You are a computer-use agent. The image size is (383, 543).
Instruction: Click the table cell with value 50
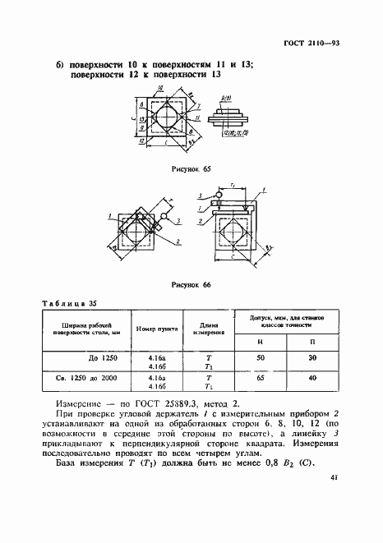(x=260, y=358)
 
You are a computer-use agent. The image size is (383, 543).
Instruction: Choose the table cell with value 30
(x=312, y=358)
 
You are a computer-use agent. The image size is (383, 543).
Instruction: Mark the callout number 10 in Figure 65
(x=143, y=120)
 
